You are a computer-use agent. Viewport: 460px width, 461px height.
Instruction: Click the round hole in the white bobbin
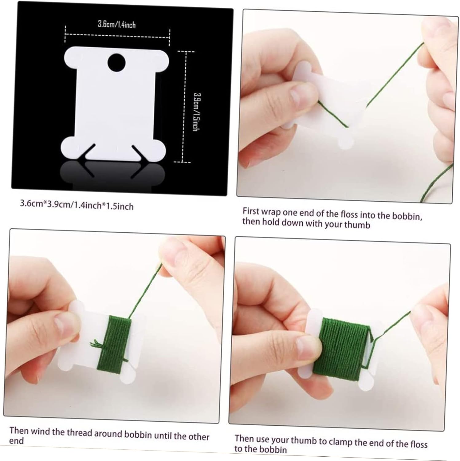click(x=117, y=62)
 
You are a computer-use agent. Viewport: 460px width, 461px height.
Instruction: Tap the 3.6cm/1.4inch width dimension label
click(x=117, y=24)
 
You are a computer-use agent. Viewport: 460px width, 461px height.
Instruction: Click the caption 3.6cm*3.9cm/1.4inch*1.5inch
click(x=77, y=205)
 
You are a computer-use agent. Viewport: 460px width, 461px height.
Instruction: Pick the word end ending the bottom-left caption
click(x=16, y=441)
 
